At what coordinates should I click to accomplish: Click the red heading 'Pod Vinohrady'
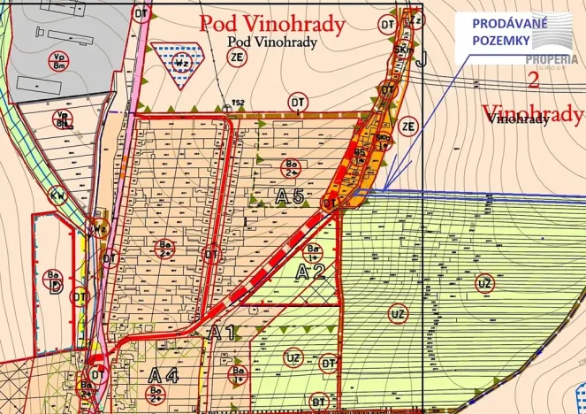(271, 24)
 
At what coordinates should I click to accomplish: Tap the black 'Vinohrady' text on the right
(518, 120)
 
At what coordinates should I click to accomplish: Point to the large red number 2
(532, 80)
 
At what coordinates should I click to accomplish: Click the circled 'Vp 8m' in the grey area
(60, 60)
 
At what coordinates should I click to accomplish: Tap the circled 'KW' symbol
(58, 195)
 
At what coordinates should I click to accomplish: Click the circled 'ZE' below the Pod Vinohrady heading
(236, 57)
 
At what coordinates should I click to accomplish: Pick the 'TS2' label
(238, 103)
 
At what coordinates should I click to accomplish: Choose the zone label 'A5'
(290, 197)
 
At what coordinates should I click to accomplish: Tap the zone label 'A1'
(221, 333)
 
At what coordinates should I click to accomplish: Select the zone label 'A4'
(164, 374)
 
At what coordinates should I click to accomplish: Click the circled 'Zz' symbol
(416, 19)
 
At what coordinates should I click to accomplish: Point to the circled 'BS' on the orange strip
(361, 154)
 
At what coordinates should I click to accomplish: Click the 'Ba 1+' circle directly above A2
(315, 251)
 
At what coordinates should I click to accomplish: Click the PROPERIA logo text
(552, 59)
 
